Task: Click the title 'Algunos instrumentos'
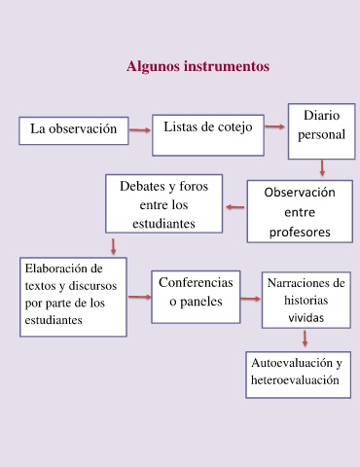198,66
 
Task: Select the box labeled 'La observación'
74,130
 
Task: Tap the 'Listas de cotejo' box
208,135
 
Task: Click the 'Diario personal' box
321,131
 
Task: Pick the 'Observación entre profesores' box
300,211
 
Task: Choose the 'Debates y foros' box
163,203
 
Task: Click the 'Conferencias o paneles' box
196,297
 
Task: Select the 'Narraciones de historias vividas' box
306,300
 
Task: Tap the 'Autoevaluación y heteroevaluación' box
298,375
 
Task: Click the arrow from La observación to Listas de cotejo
140,130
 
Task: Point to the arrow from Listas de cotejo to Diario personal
274,126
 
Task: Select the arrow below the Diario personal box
322,168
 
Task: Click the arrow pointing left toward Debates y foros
235,207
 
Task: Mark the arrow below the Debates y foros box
113,247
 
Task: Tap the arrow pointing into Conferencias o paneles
140,297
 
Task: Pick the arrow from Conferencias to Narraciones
251,299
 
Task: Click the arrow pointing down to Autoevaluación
305,339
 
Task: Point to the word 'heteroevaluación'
295,379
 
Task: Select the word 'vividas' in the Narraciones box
306,318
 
